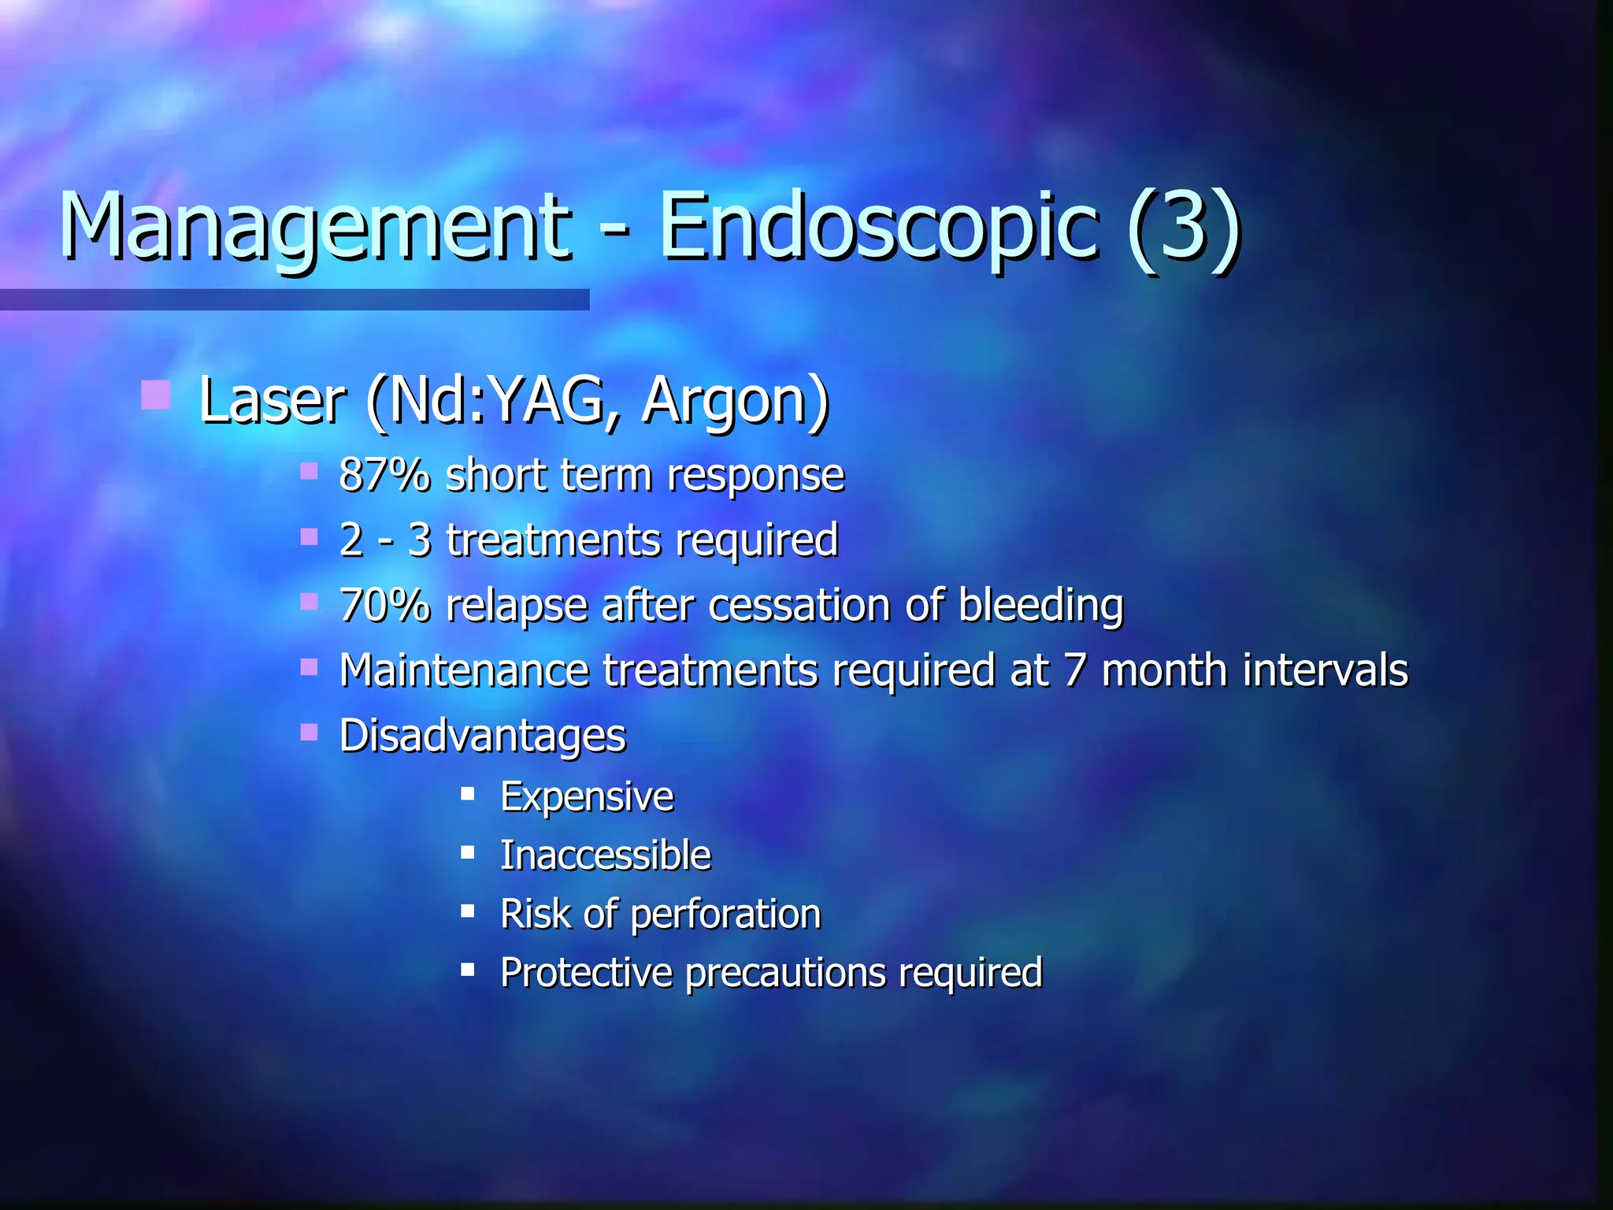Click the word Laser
coord(272,400)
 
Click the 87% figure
coord(384,475)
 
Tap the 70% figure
coord(384,605)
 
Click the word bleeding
coord(1040,605)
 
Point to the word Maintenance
coord(464,670)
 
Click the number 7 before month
coord(1076,670)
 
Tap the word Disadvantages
coord(482,736)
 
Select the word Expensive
coord(587,796)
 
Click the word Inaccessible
coord(605,856)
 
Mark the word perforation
coord(725,914)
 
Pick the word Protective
coord(586,972)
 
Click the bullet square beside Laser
coord(155,395)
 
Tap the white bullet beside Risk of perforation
coord(468,911)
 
